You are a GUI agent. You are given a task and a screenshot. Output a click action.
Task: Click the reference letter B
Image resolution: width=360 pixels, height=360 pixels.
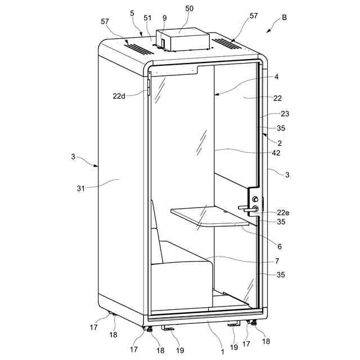(284, 17)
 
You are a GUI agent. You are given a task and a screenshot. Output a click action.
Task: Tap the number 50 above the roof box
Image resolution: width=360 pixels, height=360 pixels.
(189, 10)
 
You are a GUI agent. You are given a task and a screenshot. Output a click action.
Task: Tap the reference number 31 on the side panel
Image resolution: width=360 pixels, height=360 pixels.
(80, 188)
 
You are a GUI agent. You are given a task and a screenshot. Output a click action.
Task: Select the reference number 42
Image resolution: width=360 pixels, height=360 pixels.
(276, 152)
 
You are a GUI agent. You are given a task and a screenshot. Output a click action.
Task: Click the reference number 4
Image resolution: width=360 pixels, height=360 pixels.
(277, 76)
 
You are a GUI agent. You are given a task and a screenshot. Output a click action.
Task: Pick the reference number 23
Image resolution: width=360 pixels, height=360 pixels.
(285, 114)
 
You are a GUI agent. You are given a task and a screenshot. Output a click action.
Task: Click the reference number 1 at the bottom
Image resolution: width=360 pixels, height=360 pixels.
(223, 352)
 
